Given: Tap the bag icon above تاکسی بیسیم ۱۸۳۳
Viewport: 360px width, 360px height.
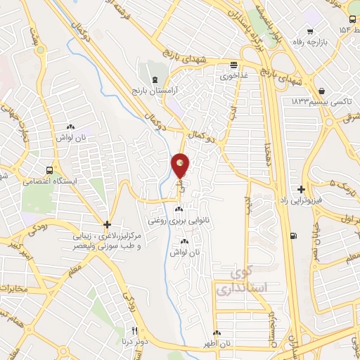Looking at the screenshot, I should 321,91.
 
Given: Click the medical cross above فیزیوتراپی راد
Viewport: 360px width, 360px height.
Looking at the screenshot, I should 302,189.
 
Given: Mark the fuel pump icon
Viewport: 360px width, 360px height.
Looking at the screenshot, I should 293,236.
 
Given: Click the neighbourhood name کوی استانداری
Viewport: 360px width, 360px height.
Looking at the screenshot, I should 239,280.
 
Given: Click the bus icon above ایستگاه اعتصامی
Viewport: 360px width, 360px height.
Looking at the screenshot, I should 49,170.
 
